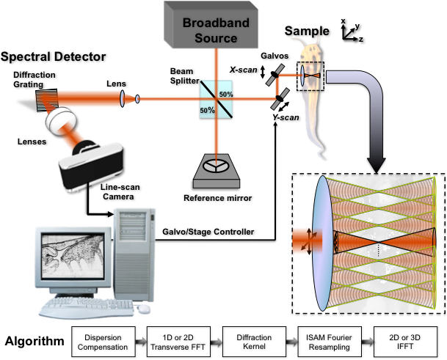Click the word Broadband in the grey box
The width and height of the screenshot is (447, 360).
(216, 23)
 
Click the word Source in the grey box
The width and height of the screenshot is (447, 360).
(216, 37)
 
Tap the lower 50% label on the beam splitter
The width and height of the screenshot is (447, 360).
(208, 110)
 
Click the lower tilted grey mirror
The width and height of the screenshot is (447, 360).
(277, 103)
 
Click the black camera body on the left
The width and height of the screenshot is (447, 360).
(92, 165)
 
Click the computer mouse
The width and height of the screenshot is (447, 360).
(145, 309)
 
